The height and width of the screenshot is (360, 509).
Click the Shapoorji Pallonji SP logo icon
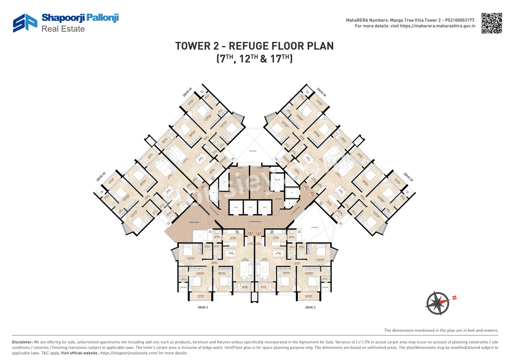click(x=25, y=23)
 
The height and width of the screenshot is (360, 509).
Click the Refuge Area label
click(x=194, y=223)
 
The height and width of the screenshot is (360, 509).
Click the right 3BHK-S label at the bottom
click(x=310, y=307)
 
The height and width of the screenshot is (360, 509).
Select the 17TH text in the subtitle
click(x=281, y=59)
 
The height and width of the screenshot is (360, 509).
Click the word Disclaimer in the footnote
click(x=22, y=342)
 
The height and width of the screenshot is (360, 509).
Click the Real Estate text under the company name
click(x=63, y=29)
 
